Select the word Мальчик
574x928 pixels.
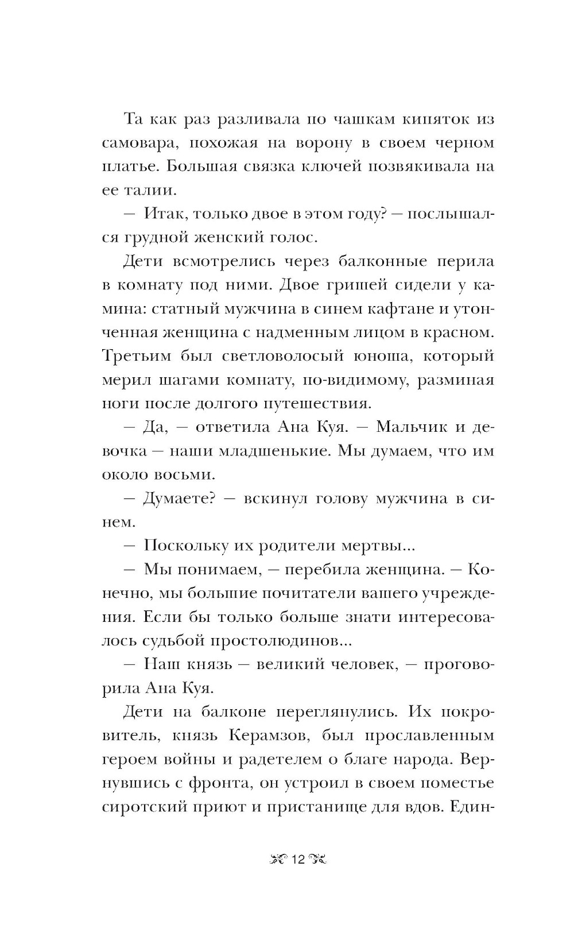pos(408,428)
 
